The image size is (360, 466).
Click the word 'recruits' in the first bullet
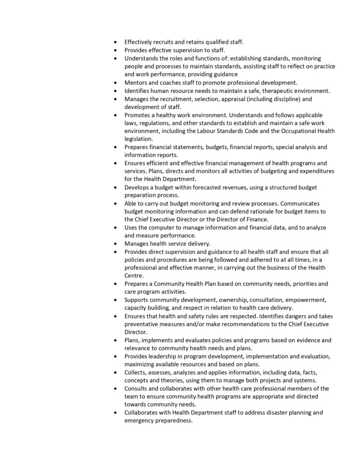(x=168, y=42)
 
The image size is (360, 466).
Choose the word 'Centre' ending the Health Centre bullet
(x=134, y=276)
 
